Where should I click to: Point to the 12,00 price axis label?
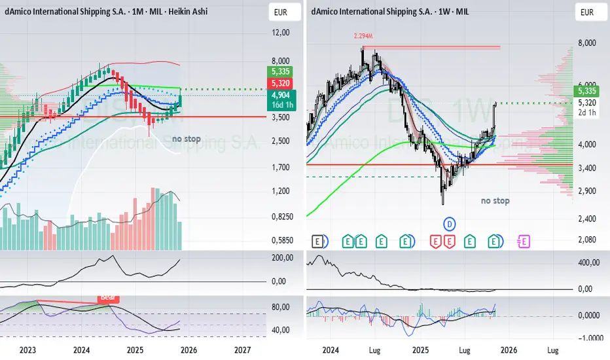(280, 33)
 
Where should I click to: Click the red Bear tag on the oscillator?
(108, 297)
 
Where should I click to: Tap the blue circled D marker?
(450, 223)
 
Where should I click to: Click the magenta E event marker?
(524, 241)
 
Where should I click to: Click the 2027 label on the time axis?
(242, 350)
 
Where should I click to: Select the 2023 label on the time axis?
(28, 350)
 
